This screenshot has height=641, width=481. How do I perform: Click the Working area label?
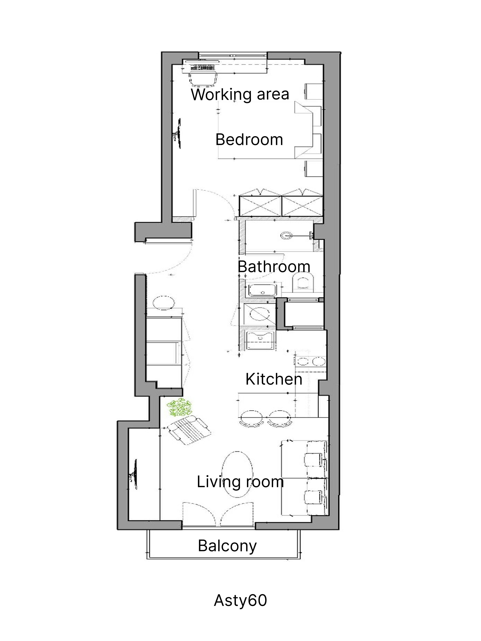(240, 95)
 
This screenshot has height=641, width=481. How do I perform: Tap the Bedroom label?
(249, 140)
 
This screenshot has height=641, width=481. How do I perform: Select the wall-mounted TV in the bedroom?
(177, 133)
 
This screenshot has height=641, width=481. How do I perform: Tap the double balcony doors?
(218, 513)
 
